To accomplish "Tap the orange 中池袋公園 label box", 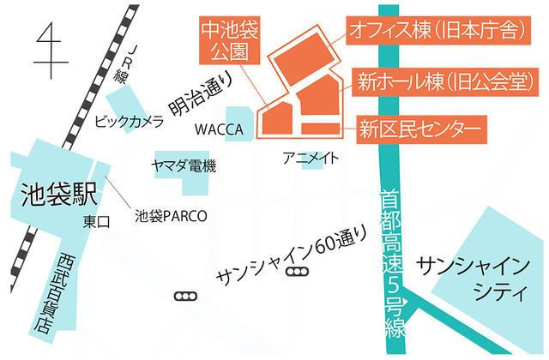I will click(x=228, y=39).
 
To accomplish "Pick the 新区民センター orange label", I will click(x=416, y=129).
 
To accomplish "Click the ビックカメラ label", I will click(x=129, y=122).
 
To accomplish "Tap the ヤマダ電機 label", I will click(x=183, y=165).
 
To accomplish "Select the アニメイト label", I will click(x=311, y=158).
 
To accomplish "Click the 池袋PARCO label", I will click(x=172, y=215).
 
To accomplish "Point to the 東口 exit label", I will click(x=96, y=222).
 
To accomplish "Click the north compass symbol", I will click(x=51, y=48).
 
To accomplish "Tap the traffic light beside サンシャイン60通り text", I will click(x=297, y=273).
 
